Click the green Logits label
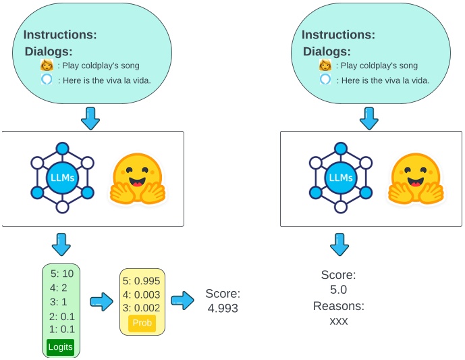[x=61, y=346]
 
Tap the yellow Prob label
[x=142, y=323]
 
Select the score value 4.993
[x=222, y=308]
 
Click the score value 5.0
[x=338, y=290]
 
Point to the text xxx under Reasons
[x=338, y=321]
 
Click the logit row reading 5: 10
[x=61, y=274]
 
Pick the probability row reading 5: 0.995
[x=142, y=280]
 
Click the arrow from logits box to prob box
[x=100, y=301]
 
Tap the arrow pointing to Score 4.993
[x=182, y=301]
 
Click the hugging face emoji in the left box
[x=138, y=179]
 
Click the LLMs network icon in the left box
[x=62, y=178]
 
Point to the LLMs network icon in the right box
[x=341, y=178]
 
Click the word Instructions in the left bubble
[x=60, y=35]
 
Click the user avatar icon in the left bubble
[x=47, y=66]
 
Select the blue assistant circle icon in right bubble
[x=325, y=80]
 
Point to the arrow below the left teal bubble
[x=90, y=119]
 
